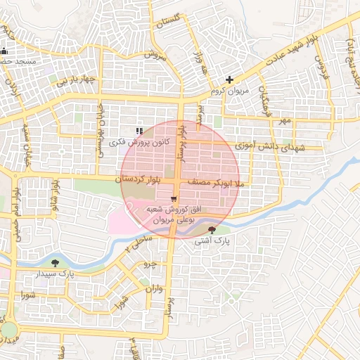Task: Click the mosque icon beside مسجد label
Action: (x=4, y=51)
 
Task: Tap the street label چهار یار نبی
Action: (x=74, y=79)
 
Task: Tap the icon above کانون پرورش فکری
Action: (x=139, y=131)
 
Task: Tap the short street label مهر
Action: (x=283, y=122)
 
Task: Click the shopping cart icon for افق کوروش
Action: (x=174, y=199)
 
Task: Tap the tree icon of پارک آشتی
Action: (x=213, y=229)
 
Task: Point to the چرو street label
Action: (x=149, y=264)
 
